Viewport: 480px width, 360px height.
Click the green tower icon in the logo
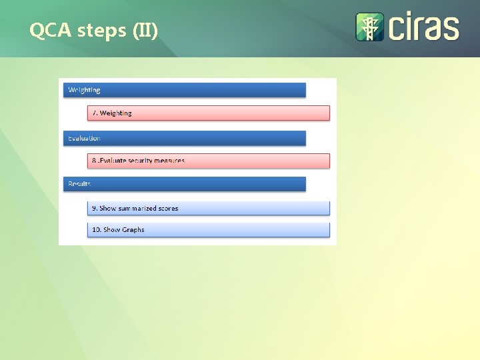pyautogui.click(x=369, y=27)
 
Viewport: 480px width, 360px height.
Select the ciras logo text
pyautogui.click(x=423, y=27)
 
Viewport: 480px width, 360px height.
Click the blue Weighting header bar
pyautogui.click(x=185, y=90)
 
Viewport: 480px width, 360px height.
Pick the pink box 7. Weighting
pyautogui.click(x=209, y=113)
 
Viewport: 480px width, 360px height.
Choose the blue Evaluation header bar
pyautogui.click(x=185, y=138)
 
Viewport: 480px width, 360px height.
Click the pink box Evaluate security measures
pyautogui.click(x=209, y=161)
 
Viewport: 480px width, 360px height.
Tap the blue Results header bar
pyautogui.click(x=185, y=183)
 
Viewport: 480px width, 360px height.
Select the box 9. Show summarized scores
pyautogui.click(x=209, y=208)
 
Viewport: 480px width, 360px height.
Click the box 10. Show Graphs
pyautogui.click(x=209, y=230)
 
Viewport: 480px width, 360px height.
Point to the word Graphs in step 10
pyautogui.click(x=133, y=230)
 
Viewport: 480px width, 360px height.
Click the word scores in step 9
pyautogui.click(x=169, y=208)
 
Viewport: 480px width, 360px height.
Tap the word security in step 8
pyautogui.click(x=141, y=161)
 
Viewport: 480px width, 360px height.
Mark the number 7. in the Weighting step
pyautogui.click(x=95, y=113)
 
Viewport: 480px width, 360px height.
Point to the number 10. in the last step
pyautogui.click(x=97, y=230)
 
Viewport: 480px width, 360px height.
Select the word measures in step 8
pyautogui.click(x=171, y=161)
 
